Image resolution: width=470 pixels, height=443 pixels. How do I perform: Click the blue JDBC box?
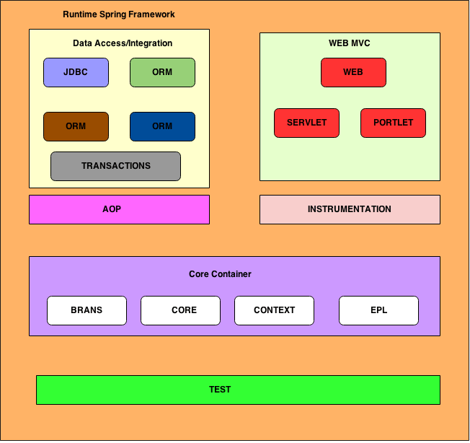[x=76, y=72]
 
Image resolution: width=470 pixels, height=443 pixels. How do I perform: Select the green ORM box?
[x=162, y=72]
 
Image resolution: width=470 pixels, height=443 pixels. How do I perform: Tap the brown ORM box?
[x=76, y=126]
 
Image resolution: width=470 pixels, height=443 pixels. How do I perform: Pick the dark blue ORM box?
[x=162, y=126]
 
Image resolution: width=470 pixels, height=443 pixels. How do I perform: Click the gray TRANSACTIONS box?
[x=115, y=166]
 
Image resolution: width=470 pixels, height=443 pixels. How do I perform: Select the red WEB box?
[x=353, y=72]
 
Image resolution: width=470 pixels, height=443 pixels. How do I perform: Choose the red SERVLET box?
[x=306, y=123]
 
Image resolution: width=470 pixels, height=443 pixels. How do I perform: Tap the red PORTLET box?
[x=393, y=123]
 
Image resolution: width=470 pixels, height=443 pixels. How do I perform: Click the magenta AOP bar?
[x=119, y=209]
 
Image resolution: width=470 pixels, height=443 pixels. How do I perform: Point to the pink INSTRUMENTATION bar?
[x=350, y=209]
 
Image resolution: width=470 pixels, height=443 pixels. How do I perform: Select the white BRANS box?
[x=87, y=310]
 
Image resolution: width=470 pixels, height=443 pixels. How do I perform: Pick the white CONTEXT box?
[x=274, y=310]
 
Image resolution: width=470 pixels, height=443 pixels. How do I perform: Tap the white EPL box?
[x=378, y=310]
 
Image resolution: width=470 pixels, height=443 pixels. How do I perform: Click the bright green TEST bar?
[x=238, y=390]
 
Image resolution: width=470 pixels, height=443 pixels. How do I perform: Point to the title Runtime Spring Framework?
[x=119, y=14]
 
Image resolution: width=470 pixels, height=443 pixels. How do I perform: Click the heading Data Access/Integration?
[x=123, y=43]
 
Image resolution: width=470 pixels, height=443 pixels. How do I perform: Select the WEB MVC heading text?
[x=350, y=43]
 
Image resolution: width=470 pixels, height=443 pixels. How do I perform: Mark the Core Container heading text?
[x=220, y=274]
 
